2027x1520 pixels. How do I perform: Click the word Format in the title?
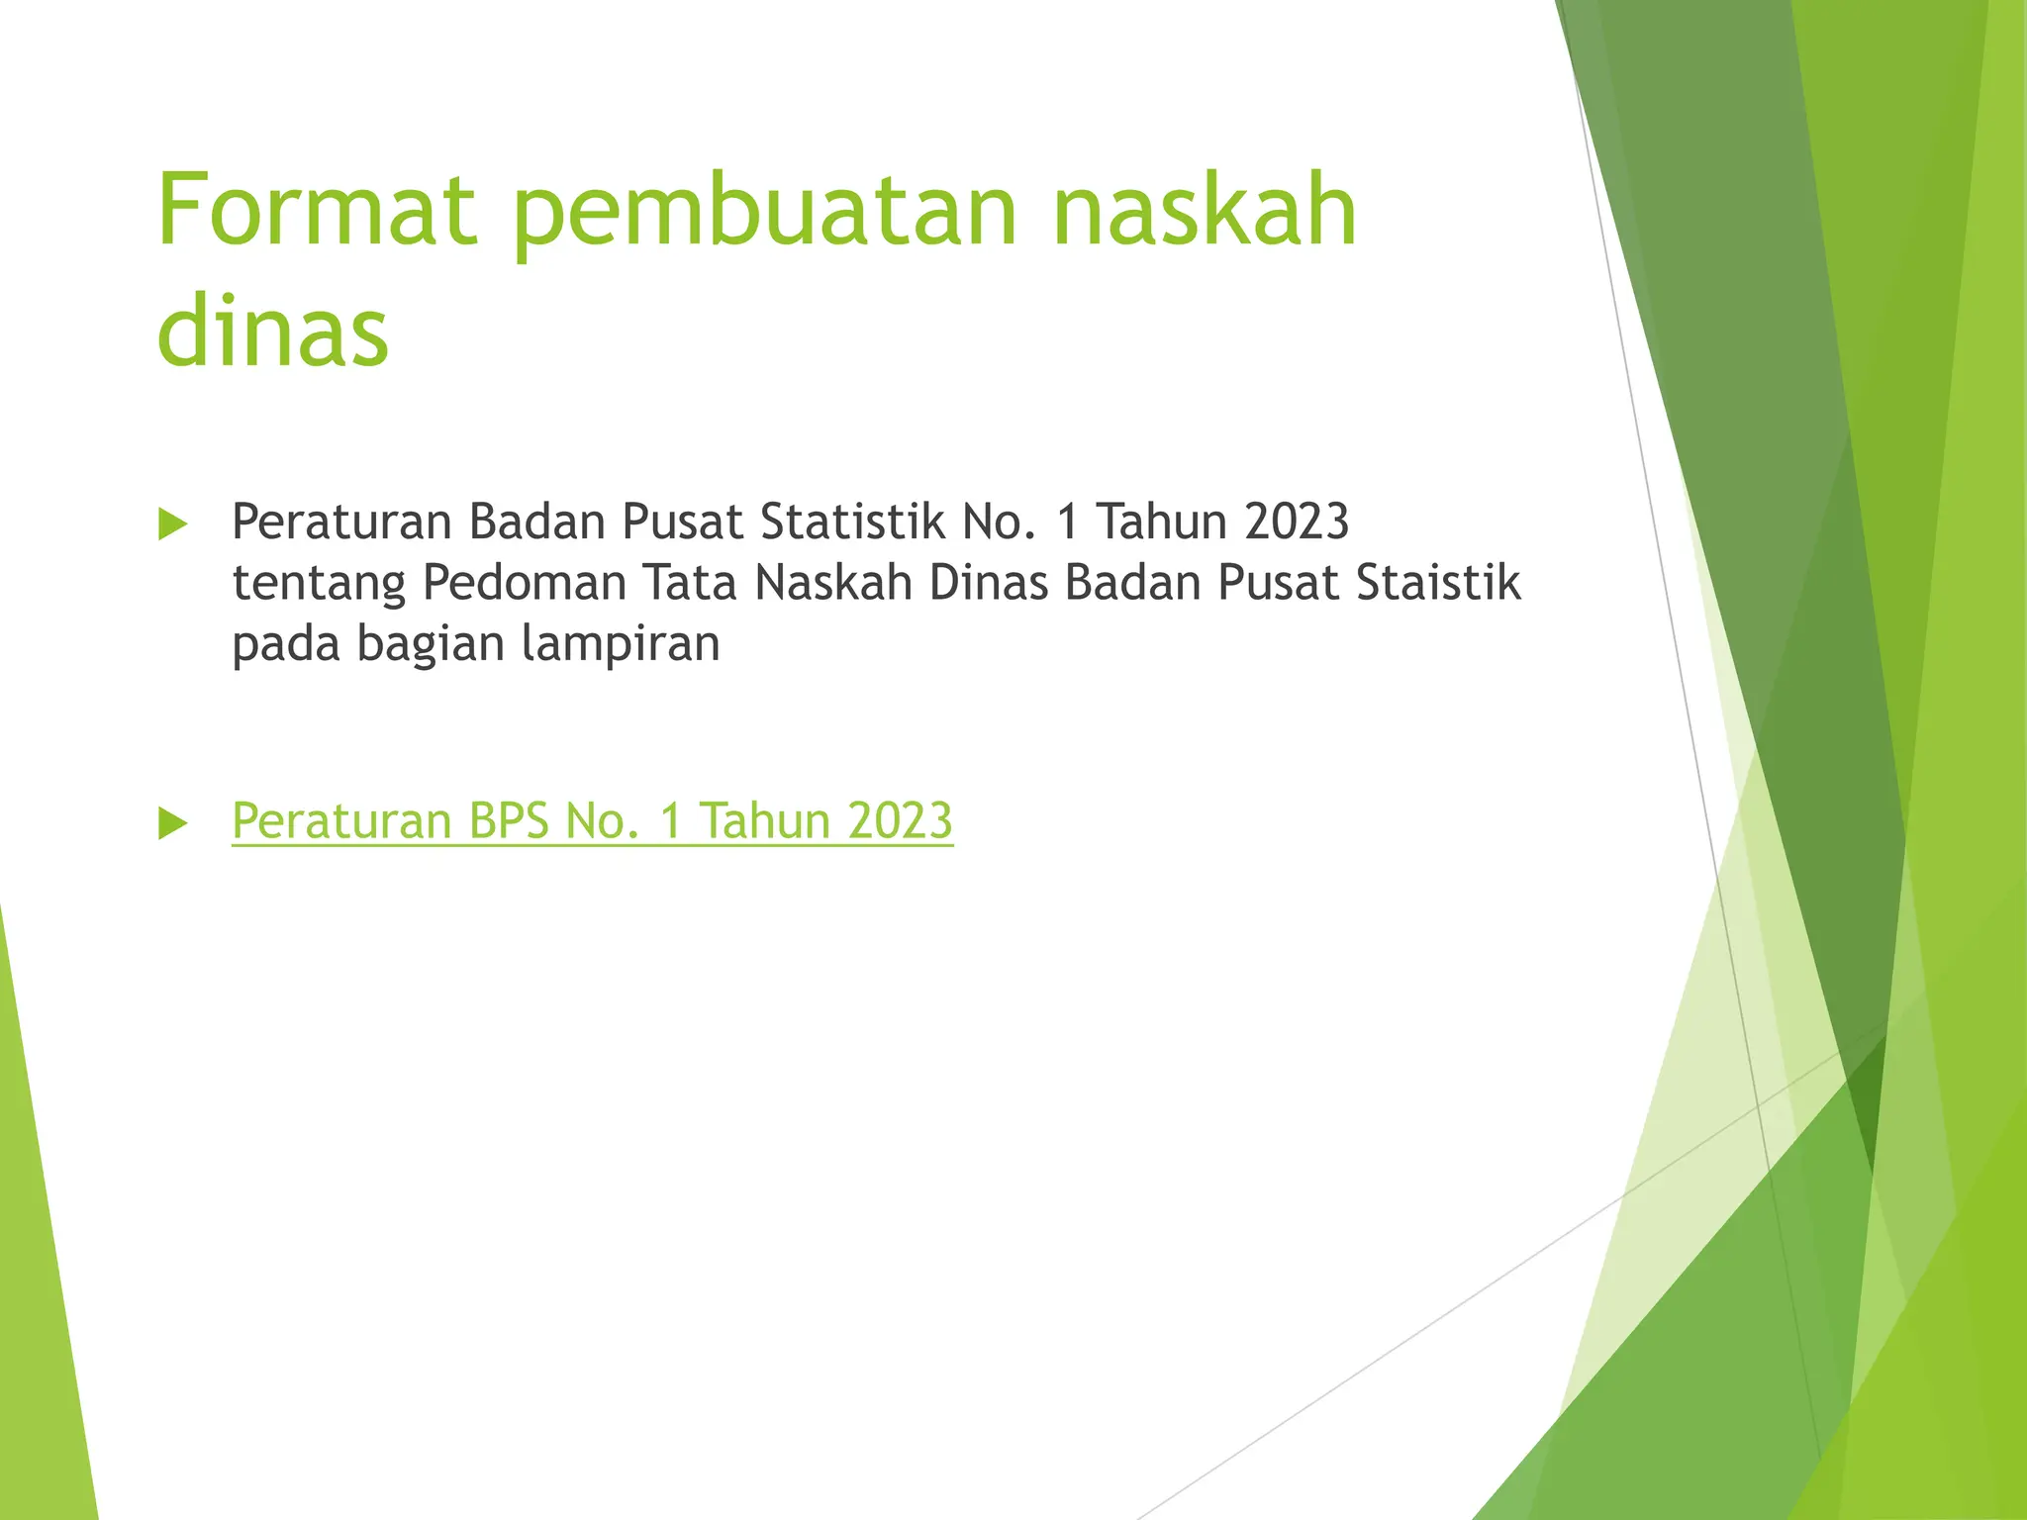coord(318,210)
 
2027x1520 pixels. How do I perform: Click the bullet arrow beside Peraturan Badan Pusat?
coord(173,524)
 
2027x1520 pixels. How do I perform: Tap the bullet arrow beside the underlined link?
coord(173,823)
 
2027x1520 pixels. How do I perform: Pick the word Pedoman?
coord(525,582)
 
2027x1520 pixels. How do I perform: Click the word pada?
coord(286,644)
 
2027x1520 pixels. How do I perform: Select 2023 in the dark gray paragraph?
coord(1297,522)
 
